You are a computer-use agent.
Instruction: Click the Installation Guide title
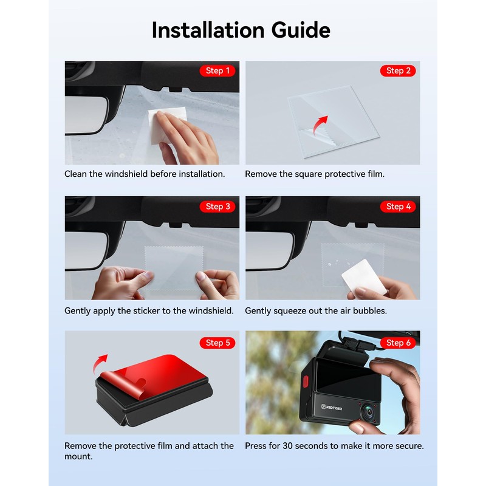[x=241, y=29]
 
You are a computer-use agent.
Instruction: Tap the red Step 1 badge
[x=217, y=71]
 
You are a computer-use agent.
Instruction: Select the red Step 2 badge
[x=398, y=71]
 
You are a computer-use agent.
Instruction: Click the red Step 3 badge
[x=217, y=207]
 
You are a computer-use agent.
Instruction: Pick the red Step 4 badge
[x=398, y=207]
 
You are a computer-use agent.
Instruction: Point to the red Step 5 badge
[x=217, y=343]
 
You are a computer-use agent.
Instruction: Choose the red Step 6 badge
[x=398, y=343]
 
